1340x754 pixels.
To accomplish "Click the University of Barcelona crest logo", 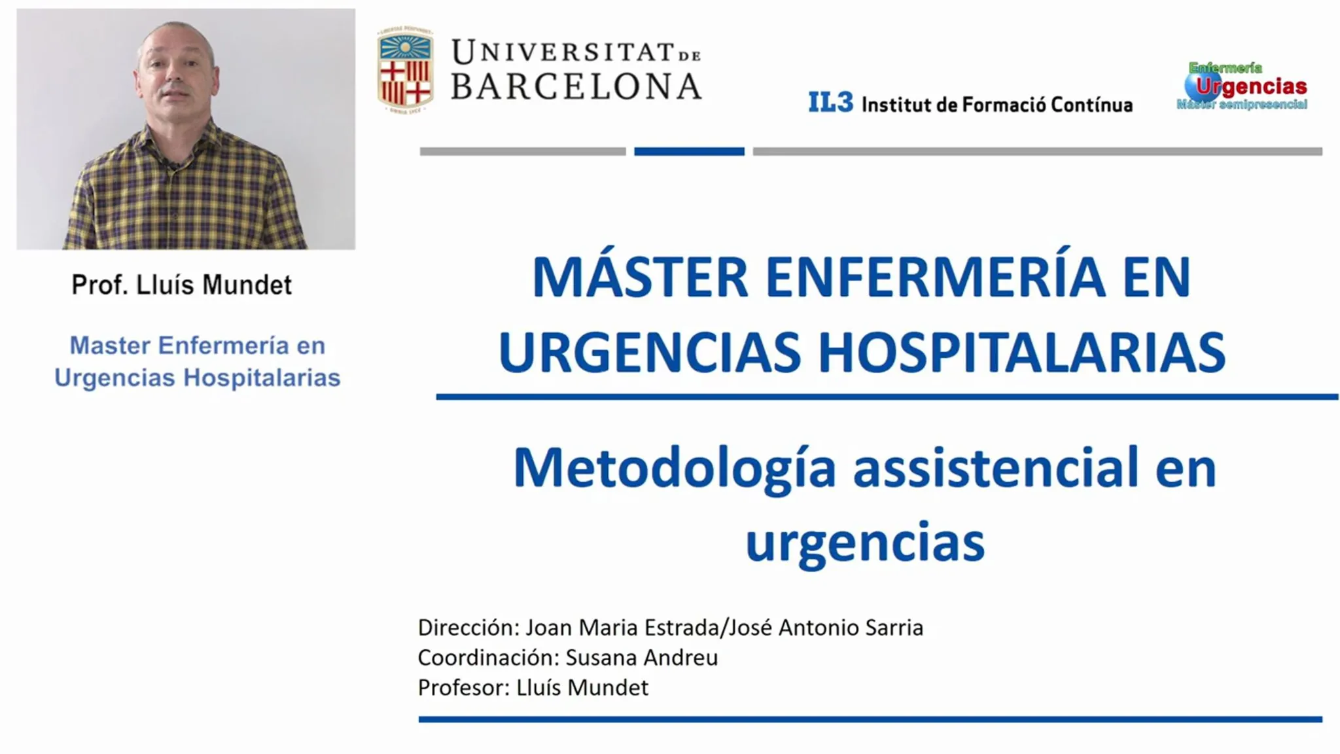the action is [x=405, y=69].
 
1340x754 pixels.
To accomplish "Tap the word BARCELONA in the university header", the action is [x=576, y=86].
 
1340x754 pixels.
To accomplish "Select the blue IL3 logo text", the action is [x=830, y=102].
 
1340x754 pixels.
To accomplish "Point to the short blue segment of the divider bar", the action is [x=689, y=151].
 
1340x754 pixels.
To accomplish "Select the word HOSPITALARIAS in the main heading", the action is [x=1022, y=352].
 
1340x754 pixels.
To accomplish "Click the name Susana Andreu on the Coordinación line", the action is [x=641, y=657].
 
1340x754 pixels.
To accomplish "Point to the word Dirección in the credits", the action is [x=468, y=627].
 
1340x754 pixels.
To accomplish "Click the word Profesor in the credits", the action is [x=463, y=687].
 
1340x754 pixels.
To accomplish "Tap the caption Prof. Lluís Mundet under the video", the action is [x=181, y=285].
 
